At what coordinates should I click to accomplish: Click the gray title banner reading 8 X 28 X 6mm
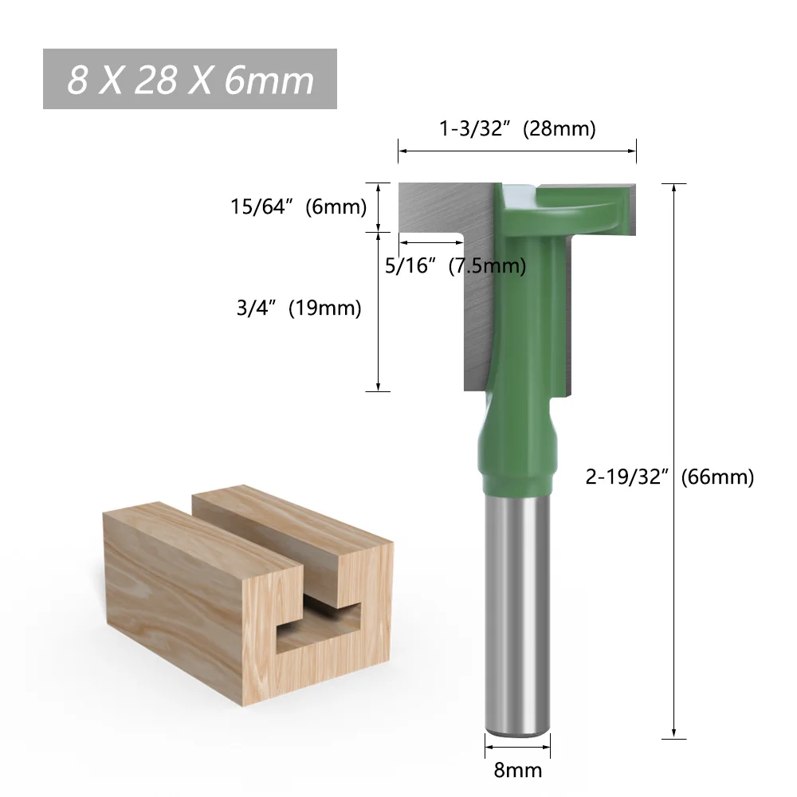(190, 80)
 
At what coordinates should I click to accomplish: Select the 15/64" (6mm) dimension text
(298, 207)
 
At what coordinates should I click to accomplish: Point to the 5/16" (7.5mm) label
(455, 265)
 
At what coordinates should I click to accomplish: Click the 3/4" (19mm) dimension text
(299, 308)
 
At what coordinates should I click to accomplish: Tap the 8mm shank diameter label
(518, 769)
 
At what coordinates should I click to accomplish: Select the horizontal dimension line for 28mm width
(518, 149)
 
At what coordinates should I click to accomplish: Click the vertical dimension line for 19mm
(378, 311)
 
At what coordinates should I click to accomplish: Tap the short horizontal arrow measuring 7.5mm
(431, 244)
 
